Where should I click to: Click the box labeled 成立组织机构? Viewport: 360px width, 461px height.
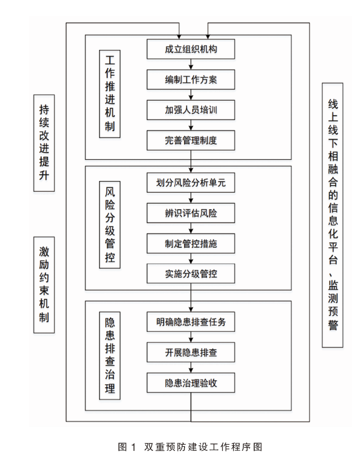[x=191, y=49]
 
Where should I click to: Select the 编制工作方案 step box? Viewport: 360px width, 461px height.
[x=191, y=79]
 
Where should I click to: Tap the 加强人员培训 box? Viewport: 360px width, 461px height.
[x=191, y=110]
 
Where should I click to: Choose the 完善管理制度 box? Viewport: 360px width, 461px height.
[x=191, y=140]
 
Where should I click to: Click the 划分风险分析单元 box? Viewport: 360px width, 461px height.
[x=191, y=183]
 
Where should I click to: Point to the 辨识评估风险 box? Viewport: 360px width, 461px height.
[x=191, y=213]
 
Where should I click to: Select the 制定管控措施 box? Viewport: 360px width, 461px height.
[x=191, y=243]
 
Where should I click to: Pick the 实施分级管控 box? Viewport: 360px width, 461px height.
[x=191, y=274]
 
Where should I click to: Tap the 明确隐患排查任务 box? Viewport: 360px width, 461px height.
[x=191, y=322]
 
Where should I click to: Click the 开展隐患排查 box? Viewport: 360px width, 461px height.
[x=191, y=352]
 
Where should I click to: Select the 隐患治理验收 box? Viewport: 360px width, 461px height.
[x=191, y=383]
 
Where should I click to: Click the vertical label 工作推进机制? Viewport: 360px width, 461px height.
[x=110, y=94]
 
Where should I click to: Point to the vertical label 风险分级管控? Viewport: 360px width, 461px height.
[x=110, y=224]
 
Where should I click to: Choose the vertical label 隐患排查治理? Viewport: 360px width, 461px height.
[x=110, y=356]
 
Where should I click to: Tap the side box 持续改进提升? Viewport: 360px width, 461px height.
[x=44, y=143]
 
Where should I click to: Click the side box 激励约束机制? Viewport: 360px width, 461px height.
[x=44, y=284]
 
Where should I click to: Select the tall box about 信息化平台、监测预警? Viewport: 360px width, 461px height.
[x=333, y=215]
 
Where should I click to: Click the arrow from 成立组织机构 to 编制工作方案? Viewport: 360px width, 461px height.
[x=191, y=65]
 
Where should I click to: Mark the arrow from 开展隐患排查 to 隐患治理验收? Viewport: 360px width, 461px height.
[x=191, y=367]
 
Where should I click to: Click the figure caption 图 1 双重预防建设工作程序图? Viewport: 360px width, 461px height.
[x=190, y=447]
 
